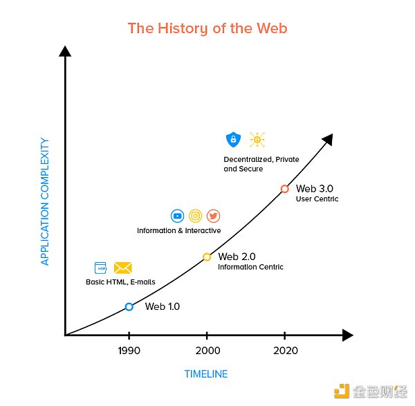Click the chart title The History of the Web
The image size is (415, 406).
[207, 28]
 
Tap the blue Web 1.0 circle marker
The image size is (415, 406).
[129, 306]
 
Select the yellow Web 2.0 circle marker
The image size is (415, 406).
[207, 257]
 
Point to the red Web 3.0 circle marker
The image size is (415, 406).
[284, 189]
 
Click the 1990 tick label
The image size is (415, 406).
[129, 351]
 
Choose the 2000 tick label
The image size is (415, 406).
[207, 351]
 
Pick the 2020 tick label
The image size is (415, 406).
[285, 351]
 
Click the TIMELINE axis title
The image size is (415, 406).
[205, 374]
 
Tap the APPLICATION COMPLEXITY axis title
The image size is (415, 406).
[45, 201]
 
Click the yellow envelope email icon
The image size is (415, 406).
[123, 268]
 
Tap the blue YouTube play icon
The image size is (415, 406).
[177, 216]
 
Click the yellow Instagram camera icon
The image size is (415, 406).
[195, 216]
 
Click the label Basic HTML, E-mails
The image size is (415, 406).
[120, 282]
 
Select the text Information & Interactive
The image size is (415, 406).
[179, 230]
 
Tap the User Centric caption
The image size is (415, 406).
[317, 199]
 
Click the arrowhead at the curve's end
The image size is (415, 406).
[329, 139]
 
